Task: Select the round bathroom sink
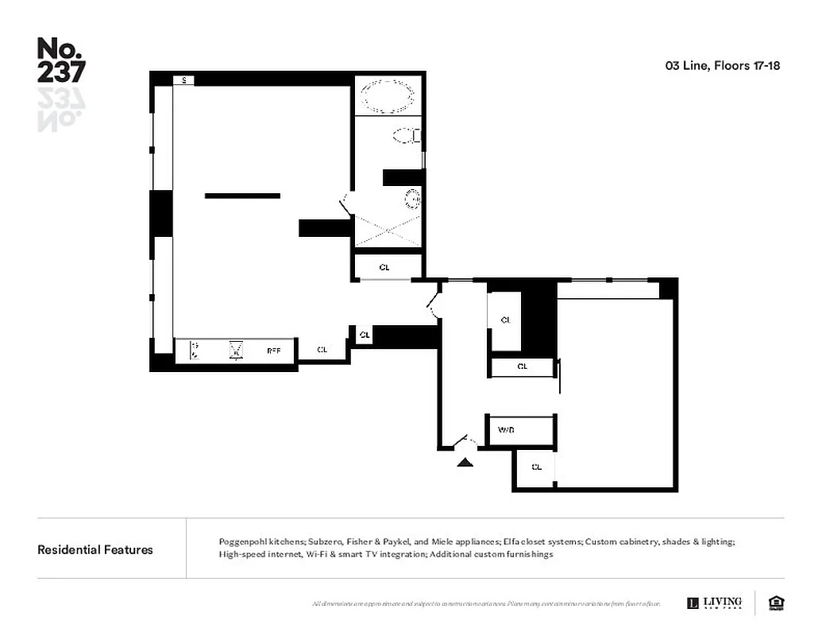(411, 198)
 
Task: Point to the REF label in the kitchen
(274, 350)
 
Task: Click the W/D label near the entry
(506, 430)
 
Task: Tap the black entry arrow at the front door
(465, 460)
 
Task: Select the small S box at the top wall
(183, 80)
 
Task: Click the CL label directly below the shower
(384, 267)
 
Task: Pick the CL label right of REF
(322, 350)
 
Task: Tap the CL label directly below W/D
(537, 467)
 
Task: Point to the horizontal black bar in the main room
(242, 196)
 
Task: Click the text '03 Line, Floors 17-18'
(722, 66)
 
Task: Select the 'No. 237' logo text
(60, 60)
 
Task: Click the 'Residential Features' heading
(95, 549)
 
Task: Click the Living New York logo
(714, 603)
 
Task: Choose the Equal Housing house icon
(776, 603)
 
